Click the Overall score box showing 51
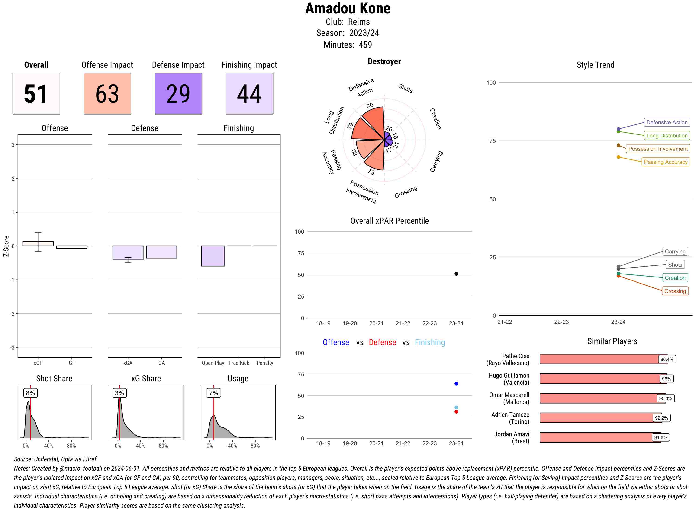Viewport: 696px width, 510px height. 36,94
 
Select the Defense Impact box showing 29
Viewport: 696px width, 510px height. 178,94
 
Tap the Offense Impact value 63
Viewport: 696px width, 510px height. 107,94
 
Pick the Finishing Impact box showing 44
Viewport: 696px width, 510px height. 249,94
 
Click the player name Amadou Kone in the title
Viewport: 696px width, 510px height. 348,8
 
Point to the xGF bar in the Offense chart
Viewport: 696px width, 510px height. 38,244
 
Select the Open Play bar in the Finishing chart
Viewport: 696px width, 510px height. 213,256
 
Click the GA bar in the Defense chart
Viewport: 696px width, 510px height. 161,252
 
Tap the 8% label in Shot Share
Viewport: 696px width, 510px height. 30,393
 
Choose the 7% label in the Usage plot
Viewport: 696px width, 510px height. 213,393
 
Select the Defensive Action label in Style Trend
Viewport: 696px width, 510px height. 667,122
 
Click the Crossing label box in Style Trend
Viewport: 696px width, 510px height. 675,291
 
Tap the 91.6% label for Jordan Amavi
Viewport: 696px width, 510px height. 661,437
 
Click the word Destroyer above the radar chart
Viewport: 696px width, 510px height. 384,61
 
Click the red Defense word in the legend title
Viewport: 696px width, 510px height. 382,342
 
